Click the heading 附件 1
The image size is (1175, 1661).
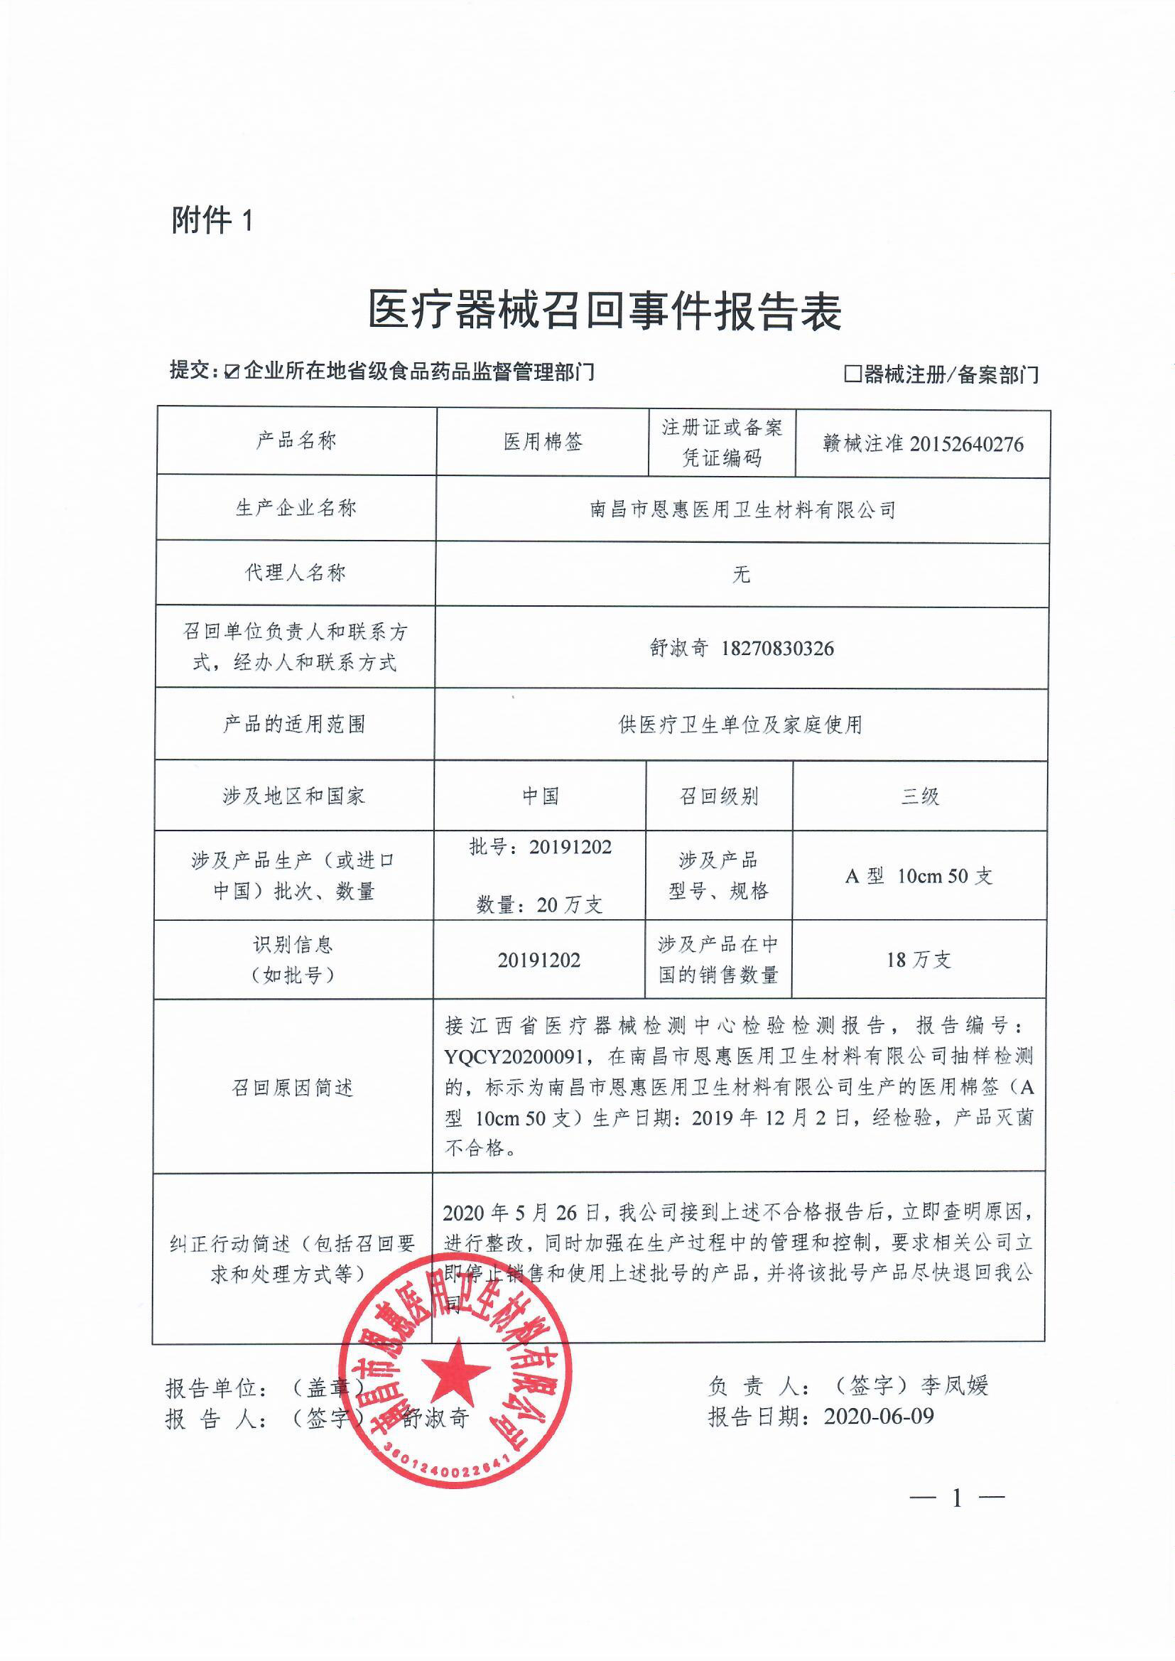pos(212,220)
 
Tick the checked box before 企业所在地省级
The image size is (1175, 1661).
pos(232,372)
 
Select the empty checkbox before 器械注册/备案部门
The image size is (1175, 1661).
pos(853,374)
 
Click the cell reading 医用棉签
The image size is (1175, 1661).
pos(543,442)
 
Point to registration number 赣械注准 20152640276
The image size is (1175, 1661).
pos(923,444)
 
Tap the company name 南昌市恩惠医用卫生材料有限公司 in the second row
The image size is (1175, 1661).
pos(742,510)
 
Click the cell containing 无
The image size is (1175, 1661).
pos(741,575)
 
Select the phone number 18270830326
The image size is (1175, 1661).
pos(777,648)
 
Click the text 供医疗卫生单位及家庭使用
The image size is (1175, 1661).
pos(740,724)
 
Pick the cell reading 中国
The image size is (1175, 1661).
pos(541,796)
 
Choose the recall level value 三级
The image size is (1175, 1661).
pos(919,797)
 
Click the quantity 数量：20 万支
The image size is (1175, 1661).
pos(539,905)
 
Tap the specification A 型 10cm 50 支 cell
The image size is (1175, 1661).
pos(919,877)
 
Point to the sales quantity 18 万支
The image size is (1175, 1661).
pos(918,960)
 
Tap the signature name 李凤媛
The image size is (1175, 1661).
pos(954,1385)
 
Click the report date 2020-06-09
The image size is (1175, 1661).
pos(878,1416)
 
